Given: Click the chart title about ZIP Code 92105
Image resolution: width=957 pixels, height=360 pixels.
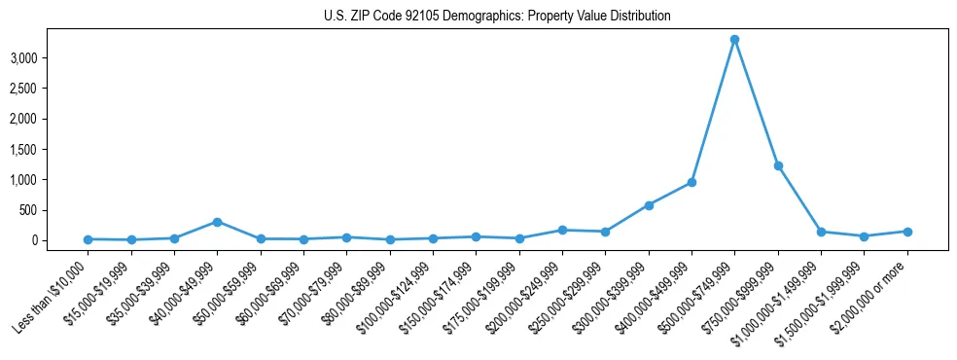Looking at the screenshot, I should point(497,17).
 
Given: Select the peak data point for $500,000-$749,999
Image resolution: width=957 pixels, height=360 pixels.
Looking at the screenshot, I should point(734,40).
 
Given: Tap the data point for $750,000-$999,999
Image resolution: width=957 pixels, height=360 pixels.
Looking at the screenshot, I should point(778,165).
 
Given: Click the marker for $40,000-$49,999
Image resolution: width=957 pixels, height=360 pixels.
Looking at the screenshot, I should point(217,222).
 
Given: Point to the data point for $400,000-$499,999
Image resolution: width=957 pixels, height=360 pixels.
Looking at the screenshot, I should point(691,182).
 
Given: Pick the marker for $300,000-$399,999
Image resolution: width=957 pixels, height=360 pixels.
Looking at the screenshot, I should point(649,205).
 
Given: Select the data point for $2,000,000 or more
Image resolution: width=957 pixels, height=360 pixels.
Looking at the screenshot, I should point(907,232).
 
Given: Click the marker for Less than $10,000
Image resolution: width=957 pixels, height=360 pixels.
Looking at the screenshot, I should point(89,239).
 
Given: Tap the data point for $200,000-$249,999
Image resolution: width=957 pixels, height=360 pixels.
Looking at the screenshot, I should point(562,230).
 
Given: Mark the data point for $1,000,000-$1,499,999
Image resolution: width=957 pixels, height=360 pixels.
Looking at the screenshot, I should point(821,232).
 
